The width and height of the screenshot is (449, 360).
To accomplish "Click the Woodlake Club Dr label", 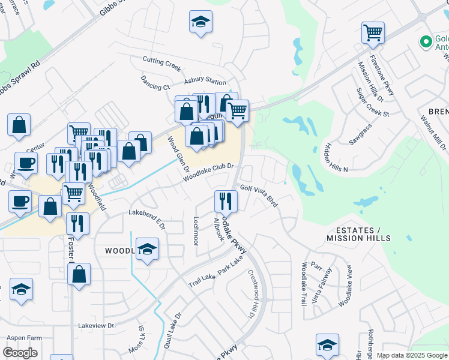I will (207, 173).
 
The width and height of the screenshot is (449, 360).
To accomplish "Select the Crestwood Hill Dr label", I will (252, 294).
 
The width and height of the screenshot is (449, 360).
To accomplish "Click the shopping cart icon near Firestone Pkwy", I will (373, 33).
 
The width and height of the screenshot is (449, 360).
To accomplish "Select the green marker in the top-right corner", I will (426, 42).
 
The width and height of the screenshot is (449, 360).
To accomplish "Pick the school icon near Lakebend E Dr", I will (147, 248).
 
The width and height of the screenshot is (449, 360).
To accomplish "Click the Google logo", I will (20, 353).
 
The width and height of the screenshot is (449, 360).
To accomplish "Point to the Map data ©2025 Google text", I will (412, 356).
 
